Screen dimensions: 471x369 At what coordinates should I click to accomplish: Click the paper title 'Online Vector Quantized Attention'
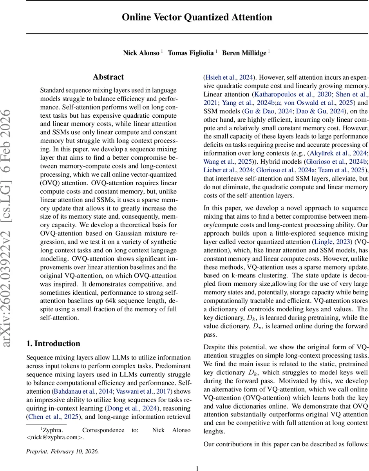[197, 17]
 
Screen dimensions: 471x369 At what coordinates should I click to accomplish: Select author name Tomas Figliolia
[191, 53]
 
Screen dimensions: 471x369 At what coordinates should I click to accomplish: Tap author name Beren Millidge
[244, 53]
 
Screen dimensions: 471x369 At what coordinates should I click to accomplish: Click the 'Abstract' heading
[108, 77]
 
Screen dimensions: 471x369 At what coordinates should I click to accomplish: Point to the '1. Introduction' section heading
[53, 344]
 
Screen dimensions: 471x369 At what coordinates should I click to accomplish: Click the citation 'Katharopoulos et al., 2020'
[290, 95]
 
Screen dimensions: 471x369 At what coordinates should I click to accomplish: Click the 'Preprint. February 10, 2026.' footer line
[62, 451]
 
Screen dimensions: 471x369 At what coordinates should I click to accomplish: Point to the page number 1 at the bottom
[197, 468]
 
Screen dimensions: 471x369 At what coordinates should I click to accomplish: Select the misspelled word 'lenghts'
[215, 431]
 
